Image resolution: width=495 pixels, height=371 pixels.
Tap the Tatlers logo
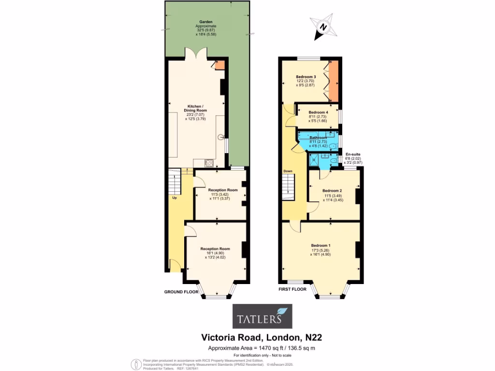[262, 316]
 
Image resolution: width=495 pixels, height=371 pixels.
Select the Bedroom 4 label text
[318, 113]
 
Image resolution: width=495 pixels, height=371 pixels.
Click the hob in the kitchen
[210, 163]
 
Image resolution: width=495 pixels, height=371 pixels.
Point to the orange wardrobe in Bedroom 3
[333, 79]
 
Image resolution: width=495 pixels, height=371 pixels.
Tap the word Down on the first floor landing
[288, 171]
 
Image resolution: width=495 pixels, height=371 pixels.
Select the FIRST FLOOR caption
[292, 289]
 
